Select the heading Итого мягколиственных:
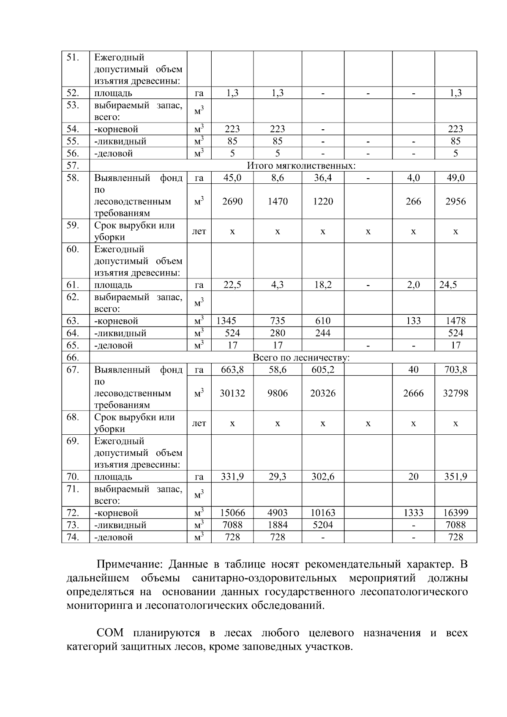pyautogui.click(x=301, y=166)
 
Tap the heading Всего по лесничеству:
pyautogui.click(x=301, y=358)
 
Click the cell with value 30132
pyautogui.click(x=232, y=393)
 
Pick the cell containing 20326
pyautogui.click(x=323, y=393)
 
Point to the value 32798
pyautogui.click(x=455, y=393)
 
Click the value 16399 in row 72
pyautogui.click(x=455, y=513)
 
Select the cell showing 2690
pyautogui.click(x=232, y=202)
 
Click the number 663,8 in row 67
pyautogui.click(x=232, y=370)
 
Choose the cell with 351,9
pyautogui.click(x=455, y=477)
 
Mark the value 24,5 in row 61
pyautogui.click(x=448, y=285)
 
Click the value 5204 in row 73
pyautogui.click(x=323, y=525)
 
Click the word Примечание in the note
pyautogui.click(x=129, y=564)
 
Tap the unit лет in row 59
pyautogui.click(x=199, y=231)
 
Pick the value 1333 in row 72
pyautogui.click(x=413, y=513)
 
